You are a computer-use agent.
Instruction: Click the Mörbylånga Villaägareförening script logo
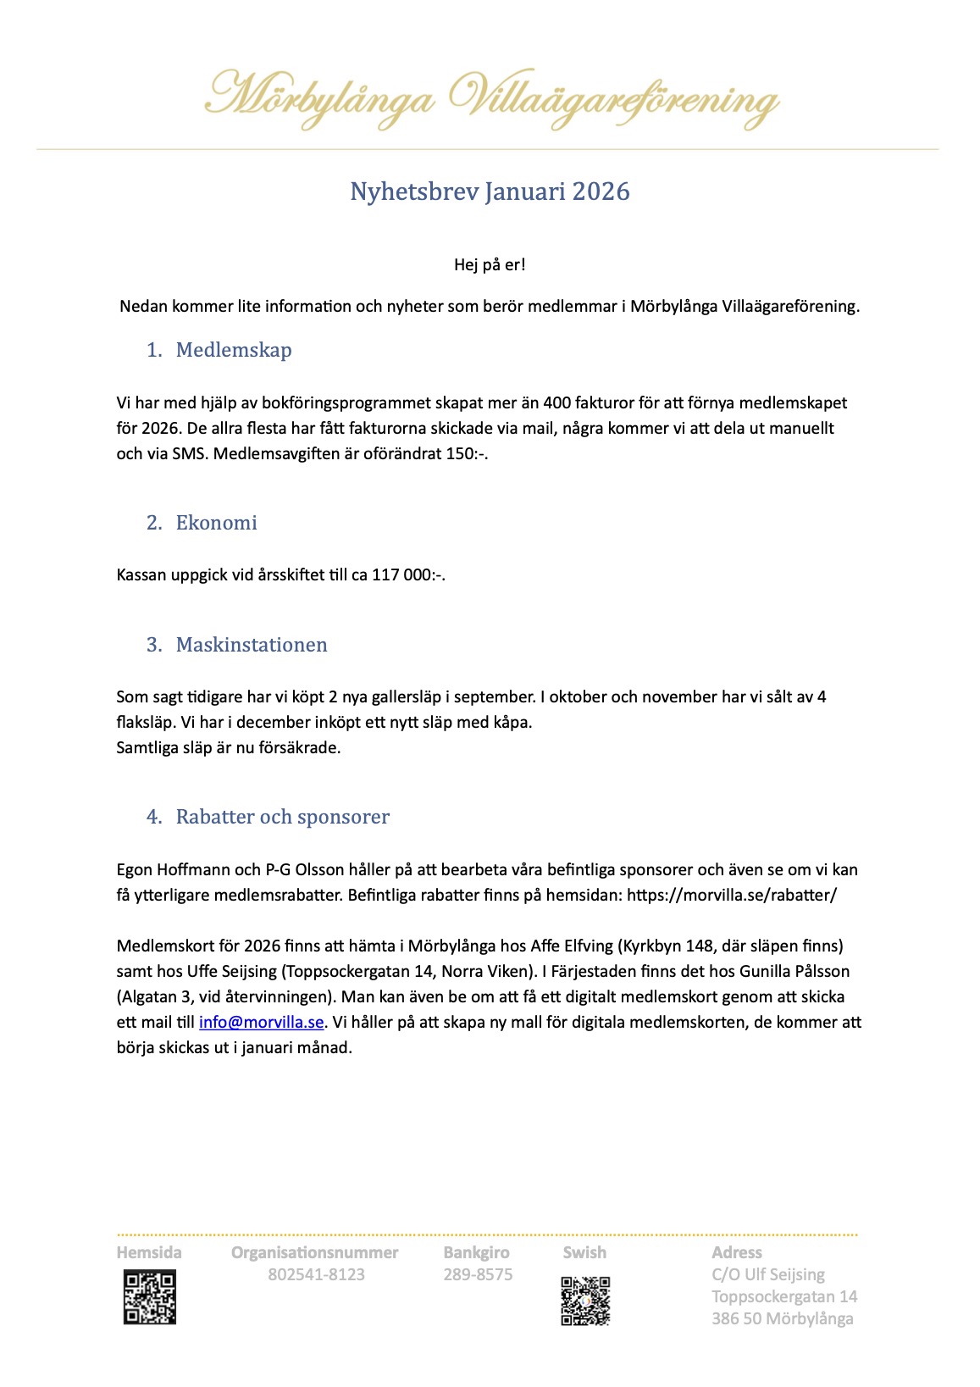tap(491, 99)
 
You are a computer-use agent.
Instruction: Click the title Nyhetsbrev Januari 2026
tap(490, 191)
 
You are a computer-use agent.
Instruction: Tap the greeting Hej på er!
tap(490, 264)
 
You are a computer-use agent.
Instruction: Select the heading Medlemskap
tap(233, 350)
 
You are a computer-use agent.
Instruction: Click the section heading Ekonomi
tap(216, 523)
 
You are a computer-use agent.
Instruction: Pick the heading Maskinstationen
tap(251, 645)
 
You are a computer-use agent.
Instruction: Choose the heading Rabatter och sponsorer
tap(282, 817)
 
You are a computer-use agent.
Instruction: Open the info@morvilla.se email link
tap(261, 1023)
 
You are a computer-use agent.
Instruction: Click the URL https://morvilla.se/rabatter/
tap(731, 895)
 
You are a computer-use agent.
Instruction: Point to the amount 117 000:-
tap(407, 575)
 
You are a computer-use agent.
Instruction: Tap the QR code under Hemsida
tap(150, 1297)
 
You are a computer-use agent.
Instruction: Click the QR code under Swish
tap(585, 1301)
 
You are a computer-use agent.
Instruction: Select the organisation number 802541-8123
tap(316, 1275)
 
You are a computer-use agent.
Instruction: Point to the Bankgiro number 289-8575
tap(478, 1275)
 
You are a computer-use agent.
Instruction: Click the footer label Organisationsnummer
tap(314, 1252)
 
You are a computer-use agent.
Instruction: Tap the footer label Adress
tap(736, 1252)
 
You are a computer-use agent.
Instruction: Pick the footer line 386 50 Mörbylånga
tap(782, 1318)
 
